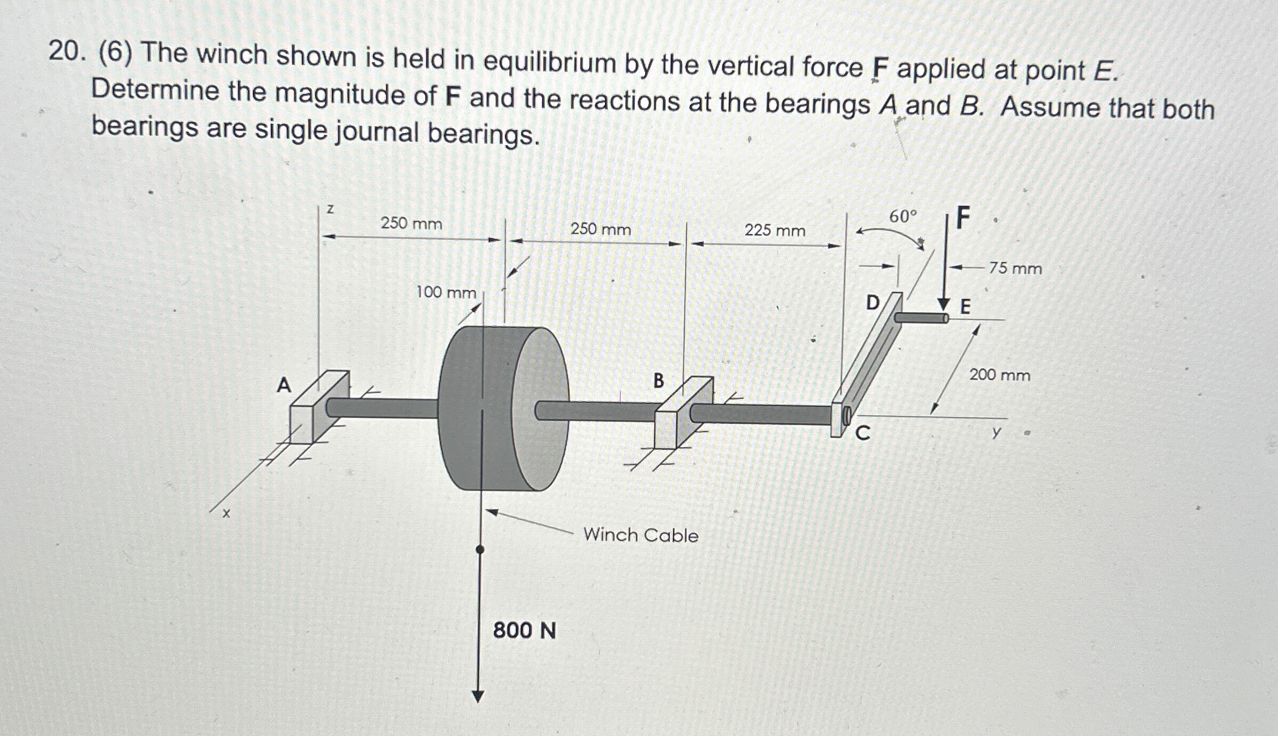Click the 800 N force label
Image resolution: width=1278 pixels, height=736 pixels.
tap(524, 631)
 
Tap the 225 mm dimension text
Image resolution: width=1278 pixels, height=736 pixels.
tap(775, 231)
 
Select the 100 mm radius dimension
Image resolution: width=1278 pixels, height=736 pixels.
tap(445, 292)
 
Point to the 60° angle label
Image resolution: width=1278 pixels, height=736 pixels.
tap(903, 216)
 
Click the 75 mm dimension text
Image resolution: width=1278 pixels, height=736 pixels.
tap(1015, 269)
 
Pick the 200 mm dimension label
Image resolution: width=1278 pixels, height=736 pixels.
tap(999, 375)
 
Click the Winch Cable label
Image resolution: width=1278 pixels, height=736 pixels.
tap(641, 535)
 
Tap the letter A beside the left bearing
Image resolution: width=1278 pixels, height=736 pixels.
tap(284, 384)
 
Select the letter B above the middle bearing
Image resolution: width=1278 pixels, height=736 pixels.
tap(658, 381)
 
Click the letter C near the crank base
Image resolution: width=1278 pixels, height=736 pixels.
tap(862, 434)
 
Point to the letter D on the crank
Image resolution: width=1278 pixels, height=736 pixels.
tap(873, 303)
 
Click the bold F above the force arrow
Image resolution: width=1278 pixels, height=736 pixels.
tap(963, 219)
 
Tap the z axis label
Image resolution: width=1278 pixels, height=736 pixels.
tap(330, 209)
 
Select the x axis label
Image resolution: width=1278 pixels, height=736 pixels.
tap(226, 514)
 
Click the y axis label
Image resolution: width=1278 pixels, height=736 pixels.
tap(996, 432)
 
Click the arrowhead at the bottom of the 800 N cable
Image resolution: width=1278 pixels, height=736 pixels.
tap(478, 696)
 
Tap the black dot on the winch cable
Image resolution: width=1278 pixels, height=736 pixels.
tap(480, 549)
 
